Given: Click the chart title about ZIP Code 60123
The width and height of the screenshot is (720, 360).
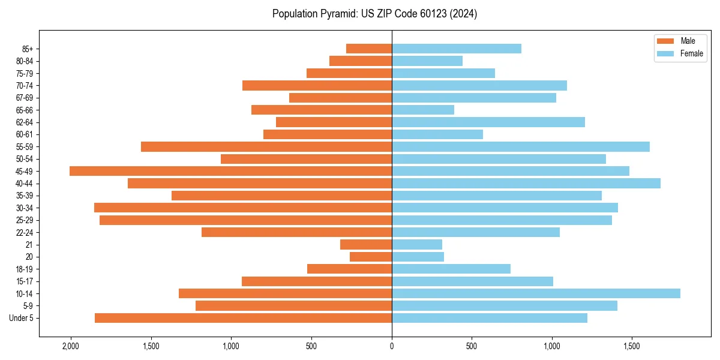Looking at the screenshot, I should pos(374,14).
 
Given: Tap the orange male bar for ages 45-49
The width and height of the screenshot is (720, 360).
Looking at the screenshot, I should pos(230,171).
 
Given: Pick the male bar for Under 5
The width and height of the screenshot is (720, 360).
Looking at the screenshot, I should pos(243,318).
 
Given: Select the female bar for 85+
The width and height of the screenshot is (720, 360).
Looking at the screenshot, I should pos(457,49).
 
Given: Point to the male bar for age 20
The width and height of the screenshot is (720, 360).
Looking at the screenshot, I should pos(371,257).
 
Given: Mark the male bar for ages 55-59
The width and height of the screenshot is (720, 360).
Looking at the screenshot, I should pos(266,146).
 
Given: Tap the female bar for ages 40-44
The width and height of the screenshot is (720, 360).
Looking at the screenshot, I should pos(526,183).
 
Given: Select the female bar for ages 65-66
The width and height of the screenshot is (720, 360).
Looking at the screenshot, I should pos(423,110).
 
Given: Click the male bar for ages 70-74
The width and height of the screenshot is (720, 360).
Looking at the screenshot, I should pos(317,85).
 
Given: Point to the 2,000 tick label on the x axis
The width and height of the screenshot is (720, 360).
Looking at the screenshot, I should pos(71,346).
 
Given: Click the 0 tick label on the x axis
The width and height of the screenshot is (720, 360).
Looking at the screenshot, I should pos(392,346).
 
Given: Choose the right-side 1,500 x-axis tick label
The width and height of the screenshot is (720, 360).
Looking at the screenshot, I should pos(632,346).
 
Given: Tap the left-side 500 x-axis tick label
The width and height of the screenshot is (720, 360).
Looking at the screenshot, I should pos(311,346).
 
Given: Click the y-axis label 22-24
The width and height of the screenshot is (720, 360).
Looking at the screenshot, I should pos(25,232).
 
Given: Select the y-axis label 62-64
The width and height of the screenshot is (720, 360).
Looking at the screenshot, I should pos(25,122).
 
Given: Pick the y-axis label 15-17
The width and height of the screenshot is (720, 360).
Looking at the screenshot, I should pos(25,281).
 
